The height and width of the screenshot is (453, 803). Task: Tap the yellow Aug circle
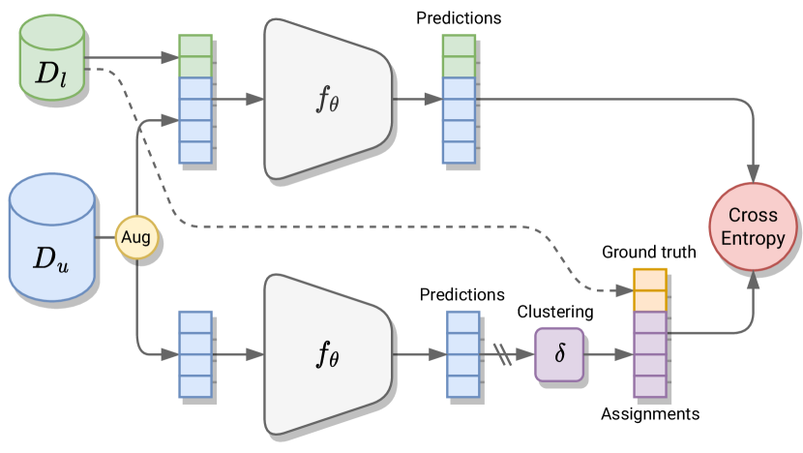pos(136,237)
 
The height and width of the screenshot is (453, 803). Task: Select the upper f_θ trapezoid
pos(327,99)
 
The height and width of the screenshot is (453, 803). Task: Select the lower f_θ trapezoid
pos(327,354)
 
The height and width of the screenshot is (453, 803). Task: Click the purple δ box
pos(559,353)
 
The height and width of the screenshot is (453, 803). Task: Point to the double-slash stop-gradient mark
pos(503,354)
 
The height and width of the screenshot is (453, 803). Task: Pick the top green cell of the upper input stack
pos(195,45)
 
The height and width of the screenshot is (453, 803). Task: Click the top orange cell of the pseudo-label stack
pos(650,279)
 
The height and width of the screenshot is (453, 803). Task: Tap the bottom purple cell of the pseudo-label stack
pos(650,386)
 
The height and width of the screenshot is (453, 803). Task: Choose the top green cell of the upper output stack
pos(459,45)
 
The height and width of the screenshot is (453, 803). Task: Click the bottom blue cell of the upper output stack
pos(459,152)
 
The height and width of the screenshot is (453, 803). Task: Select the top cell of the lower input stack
pos(195,321)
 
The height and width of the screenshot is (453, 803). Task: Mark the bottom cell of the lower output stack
pos(462,385)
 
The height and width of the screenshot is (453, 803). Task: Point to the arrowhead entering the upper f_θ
pos(256,99)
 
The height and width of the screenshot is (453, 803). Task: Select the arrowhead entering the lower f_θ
pos(256,354)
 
